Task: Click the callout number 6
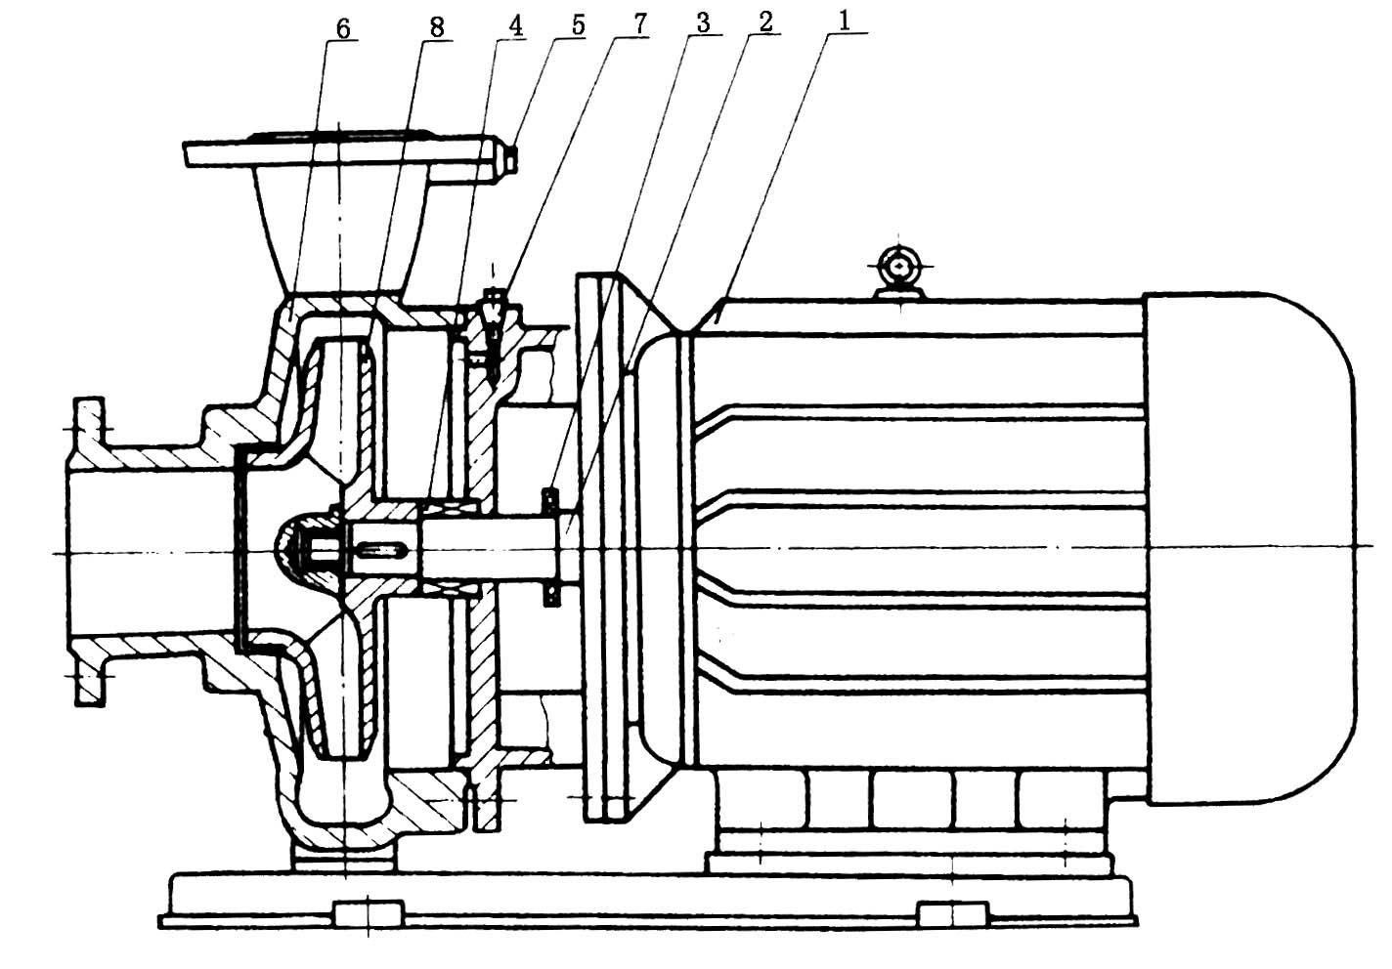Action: click(342, 27)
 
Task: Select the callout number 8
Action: click(436, 27)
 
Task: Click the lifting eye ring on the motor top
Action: click(898, 265)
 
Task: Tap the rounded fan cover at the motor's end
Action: click(1261, 547)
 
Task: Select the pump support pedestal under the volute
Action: click(346, 854)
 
